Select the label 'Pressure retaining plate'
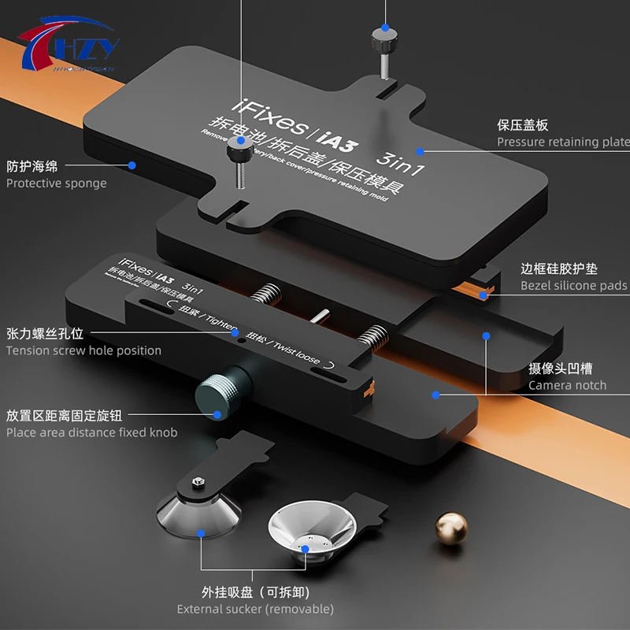pos(562,142)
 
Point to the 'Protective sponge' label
pos(56,183)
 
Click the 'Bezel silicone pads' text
pos(573,285)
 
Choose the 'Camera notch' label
pos(567,385)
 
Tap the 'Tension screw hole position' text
pos(83,350)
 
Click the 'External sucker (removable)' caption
pos(255,609)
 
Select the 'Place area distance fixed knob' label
pos(91,432)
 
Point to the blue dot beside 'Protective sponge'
pos(132,165)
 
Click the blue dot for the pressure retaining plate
pos(420,150)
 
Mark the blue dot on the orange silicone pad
pos(484,295)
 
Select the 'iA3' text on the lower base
pos(165,277)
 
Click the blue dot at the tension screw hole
pos(235,333)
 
